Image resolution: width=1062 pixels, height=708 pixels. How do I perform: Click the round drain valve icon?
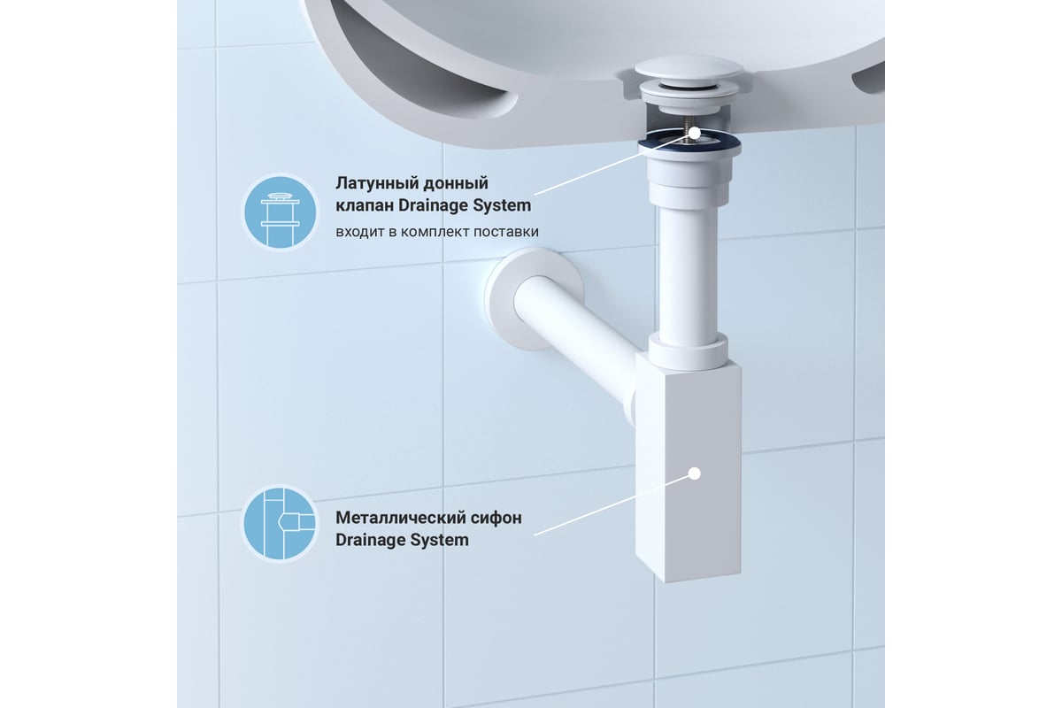pyautogui.click(x=281, y=212)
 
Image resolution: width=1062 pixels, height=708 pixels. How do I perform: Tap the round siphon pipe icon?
pyautogui.click(x=281, y=523)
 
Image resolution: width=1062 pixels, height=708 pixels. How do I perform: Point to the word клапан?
pyautogui.click(x=365, y=206)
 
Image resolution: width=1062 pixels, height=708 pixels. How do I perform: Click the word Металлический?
pyautogui.click(x=400, y=518)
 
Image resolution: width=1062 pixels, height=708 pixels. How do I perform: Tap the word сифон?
pyautogui.click(x=496, y=519)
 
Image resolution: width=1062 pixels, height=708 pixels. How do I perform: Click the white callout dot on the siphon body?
pyautogui.click(x=695, y=473)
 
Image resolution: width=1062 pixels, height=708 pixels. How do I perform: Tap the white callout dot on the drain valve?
pyautogui.click(x=695, y=134)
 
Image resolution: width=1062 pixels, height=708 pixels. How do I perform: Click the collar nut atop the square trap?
pyautogui.click(x=688, y=352)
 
